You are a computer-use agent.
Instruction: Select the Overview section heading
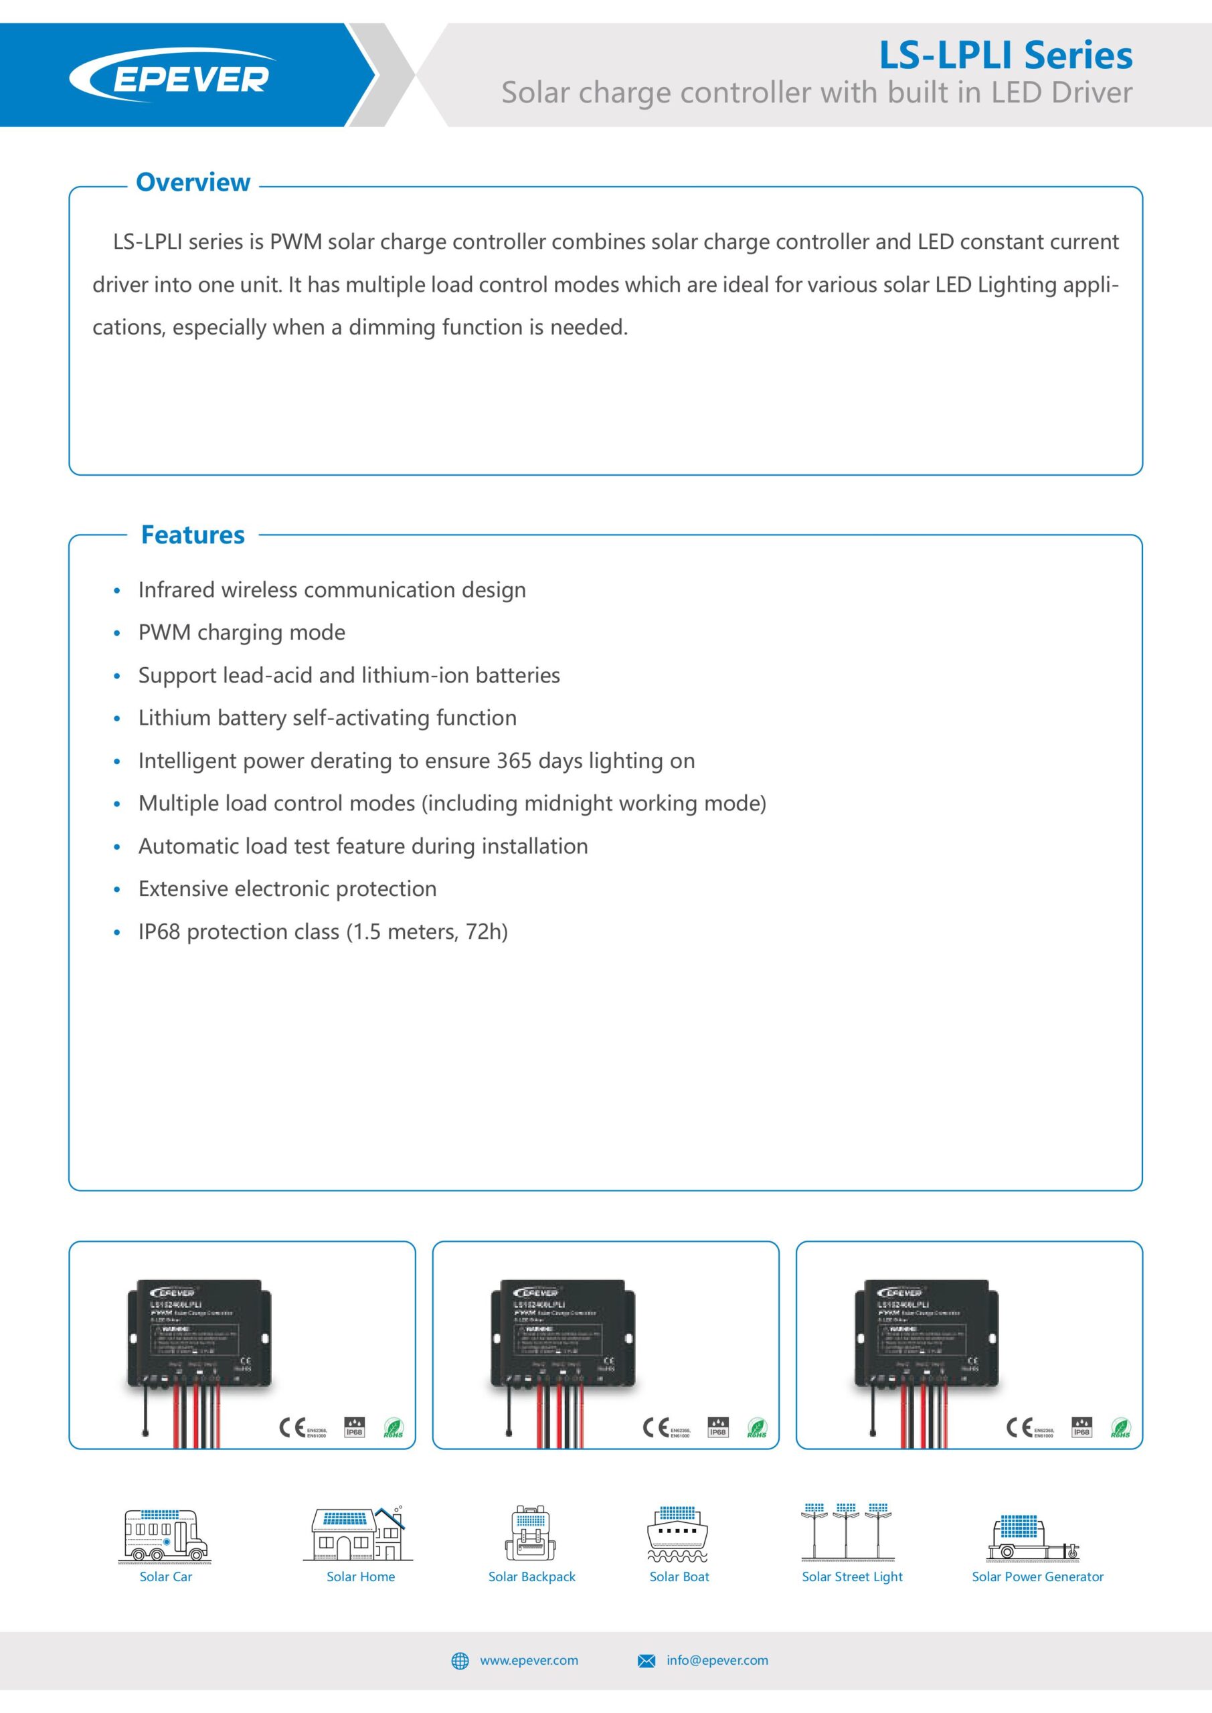(x=193, y=182)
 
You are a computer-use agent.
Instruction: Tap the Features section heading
(x=193, y=535)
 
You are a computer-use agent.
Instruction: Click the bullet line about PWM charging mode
(x=241, y=633)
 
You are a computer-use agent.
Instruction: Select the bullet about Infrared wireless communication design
(x=331, y=590)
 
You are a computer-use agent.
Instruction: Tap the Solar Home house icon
(x=358, y=1534)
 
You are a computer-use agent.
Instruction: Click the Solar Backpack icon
(x=531, y=1534)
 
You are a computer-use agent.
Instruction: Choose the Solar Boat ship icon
(x=678, y=1534)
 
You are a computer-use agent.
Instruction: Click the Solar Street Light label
(x=851, y=1576)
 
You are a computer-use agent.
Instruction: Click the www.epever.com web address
(x=529, y=1660)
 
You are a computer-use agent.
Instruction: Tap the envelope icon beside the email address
(x=646, y=1661)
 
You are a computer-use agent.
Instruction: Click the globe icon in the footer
(x=460, y=1661)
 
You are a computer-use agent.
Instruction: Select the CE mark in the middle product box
(x=656, y=1427)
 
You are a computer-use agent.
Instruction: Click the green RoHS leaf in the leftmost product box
(x=394, y=1428)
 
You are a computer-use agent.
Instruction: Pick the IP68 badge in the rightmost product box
(x=1081, y=1427)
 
